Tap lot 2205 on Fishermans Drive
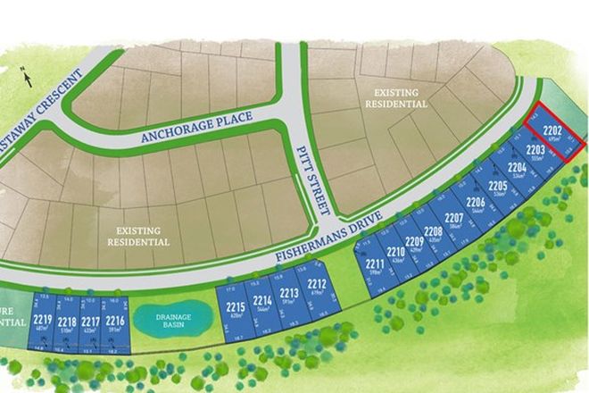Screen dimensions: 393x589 tap(497, 188)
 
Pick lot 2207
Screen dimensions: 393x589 tap(454, 220)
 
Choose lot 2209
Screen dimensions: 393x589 tap(413, 244)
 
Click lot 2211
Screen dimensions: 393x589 tap(375, 266)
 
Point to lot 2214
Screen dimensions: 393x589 tap(262, 304)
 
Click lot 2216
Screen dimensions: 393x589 tap(114, 323)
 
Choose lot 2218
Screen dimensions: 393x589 tap(66, 324)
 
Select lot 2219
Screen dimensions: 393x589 tap(42, 323)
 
